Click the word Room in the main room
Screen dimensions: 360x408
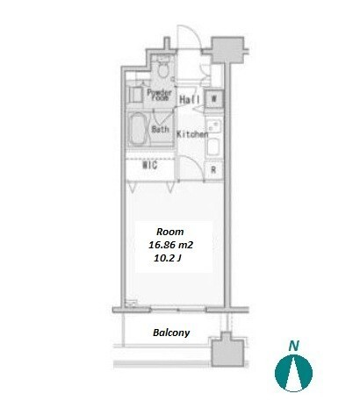point(170,232)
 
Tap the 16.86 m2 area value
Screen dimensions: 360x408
point(170,245)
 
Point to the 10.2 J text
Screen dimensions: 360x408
point(168,258)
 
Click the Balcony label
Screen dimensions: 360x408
point(171,333)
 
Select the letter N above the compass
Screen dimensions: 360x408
point(293,346)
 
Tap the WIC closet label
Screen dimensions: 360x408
point(150,165)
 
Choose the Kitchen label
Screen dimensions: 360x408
point(192,134)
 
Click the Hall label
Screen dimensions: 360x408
point(190,100)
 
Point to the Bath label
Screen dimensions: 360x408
point(160,129)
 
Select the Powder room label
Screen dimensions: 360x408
point(159,95)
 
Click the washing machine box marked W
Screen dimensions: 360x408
point(213,99)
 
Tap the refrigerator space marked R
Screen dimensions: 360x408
point(213,169)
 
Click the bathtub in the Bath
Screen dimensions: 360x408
point(138,130)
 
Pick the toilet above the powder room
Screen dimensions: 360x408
point(163,68)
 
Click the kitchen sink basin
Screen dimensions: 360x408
point(214,147)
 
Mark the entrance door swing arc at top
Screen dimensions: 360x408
point(197,33)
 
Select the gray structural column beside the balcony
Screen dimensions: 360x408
point(227,349)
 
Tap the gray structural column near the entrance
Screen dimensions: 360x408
point(227,50)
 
